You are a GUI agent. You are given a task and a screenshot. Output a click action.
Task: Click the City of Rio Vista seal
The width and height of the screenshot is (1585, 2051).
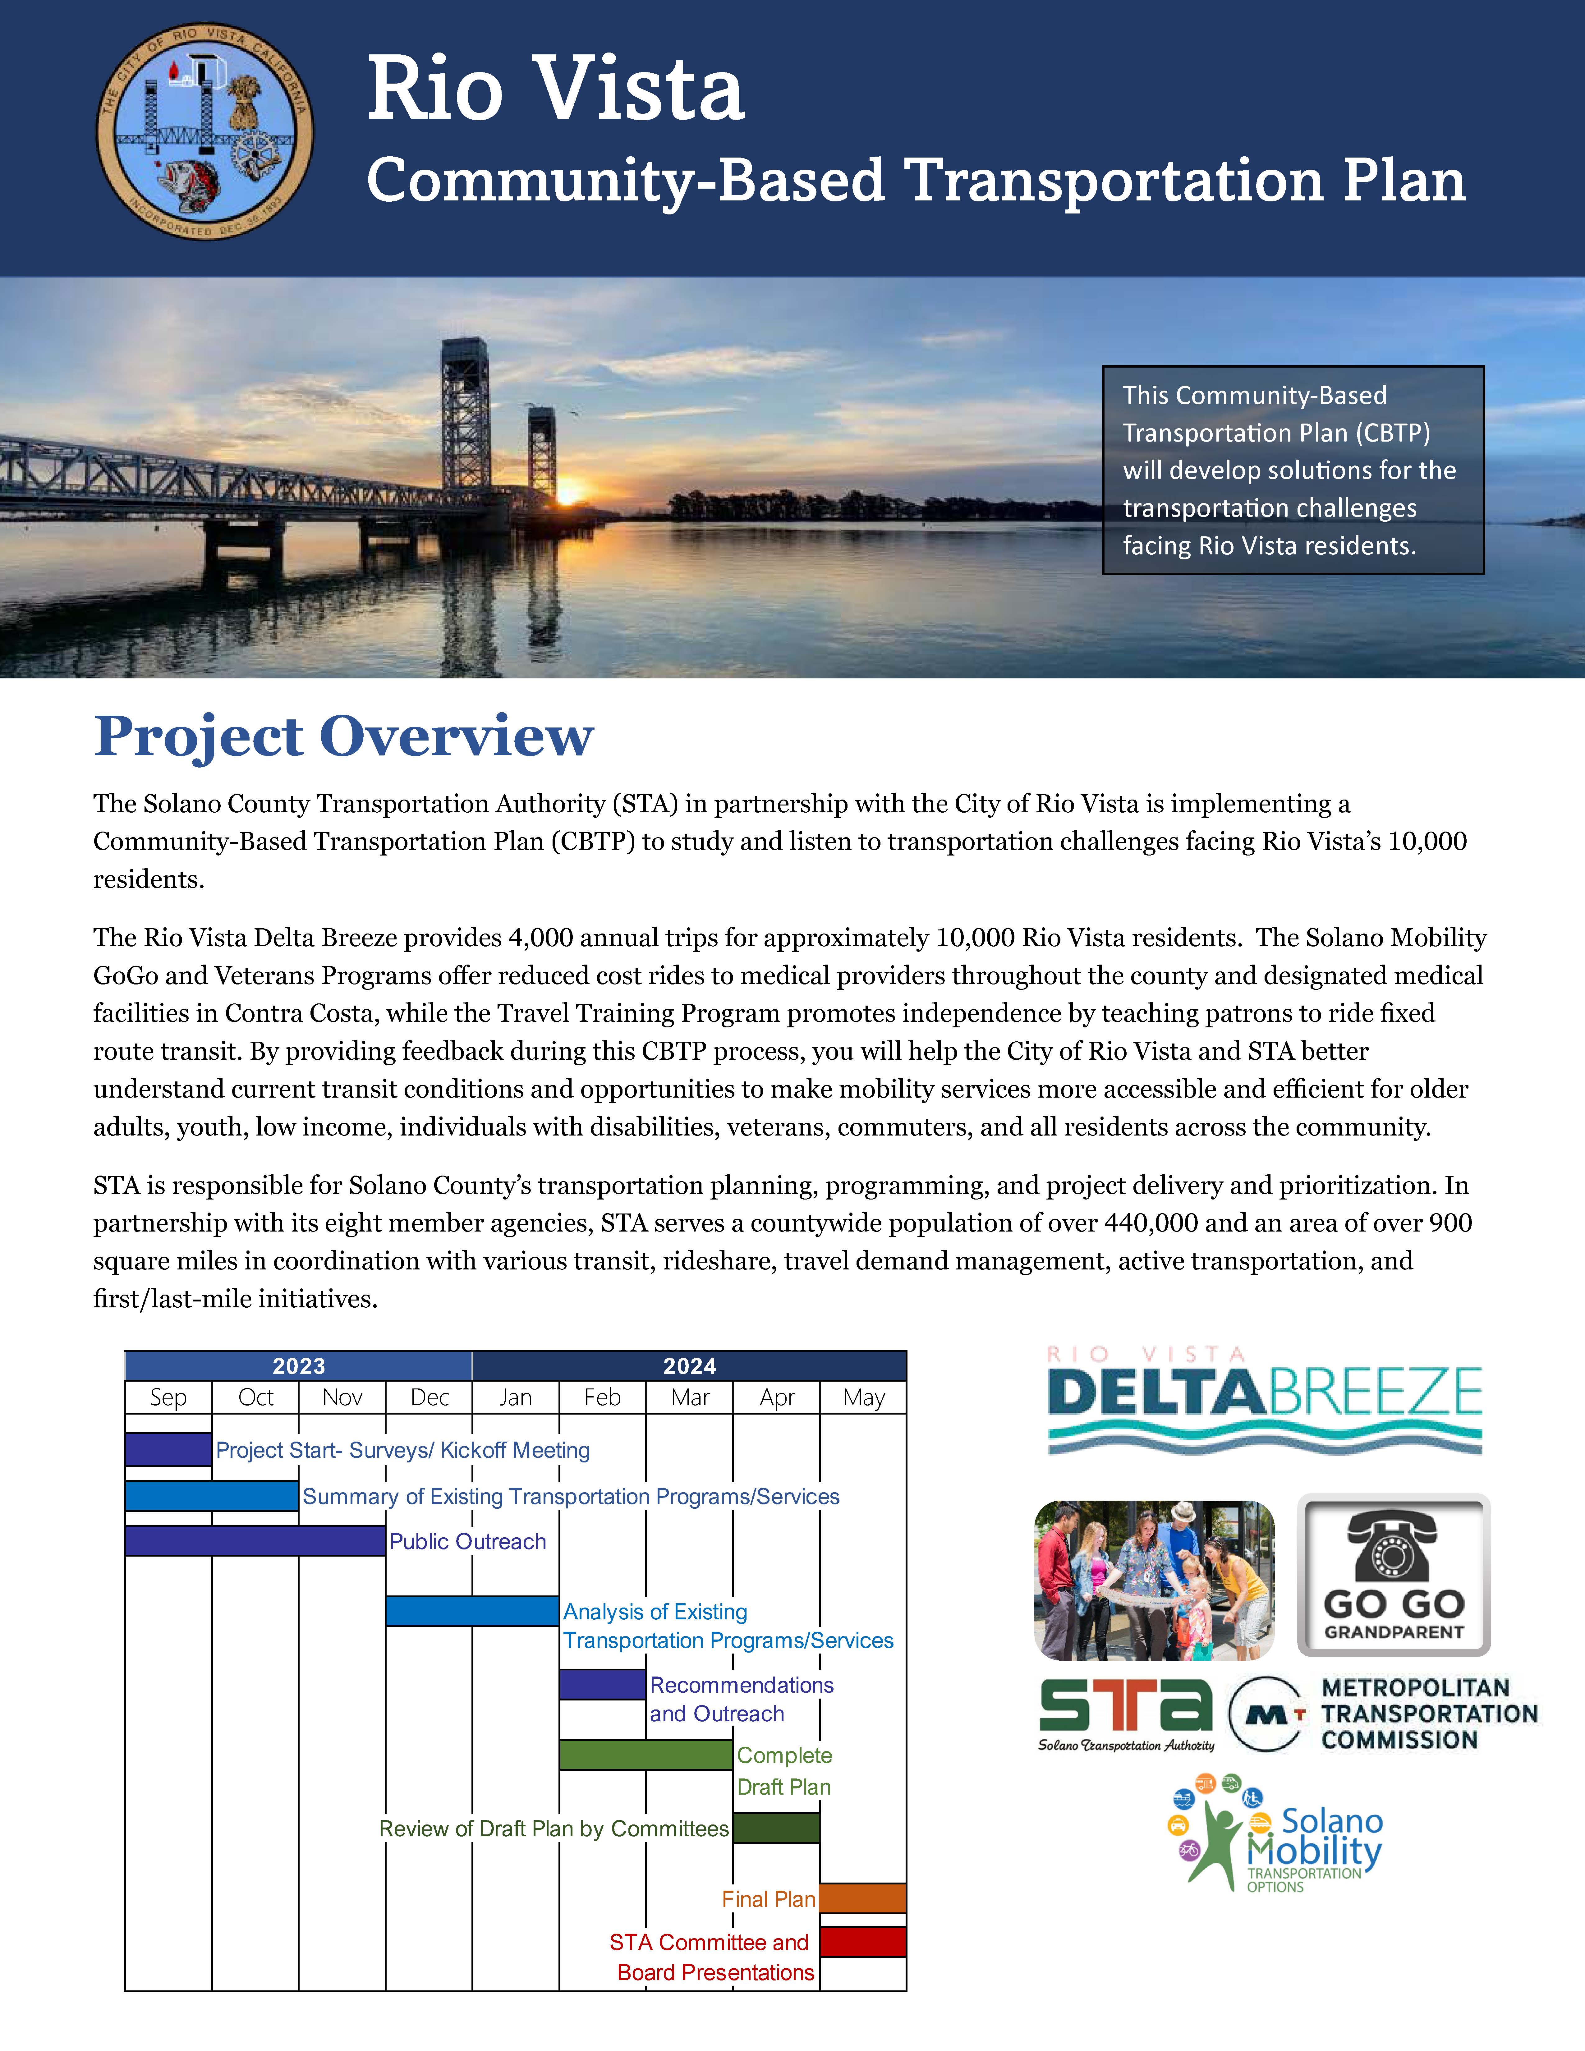(205, 131)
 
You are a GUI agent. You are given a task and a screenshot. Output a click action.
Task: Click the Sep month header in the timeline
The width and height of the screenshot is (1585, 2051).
(168, 1397)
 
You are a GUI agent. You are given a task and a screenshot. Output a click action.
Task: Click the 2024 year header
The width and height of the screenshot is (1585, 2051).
(689, 1365)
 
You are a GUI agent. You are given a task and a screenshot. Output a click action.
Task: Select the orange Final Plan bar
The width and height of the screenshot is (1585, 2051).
(862, 1898)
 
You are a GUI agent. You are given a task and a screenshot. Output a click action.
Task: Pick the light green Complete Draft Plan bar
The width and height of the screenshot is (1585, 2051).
(645, 1754)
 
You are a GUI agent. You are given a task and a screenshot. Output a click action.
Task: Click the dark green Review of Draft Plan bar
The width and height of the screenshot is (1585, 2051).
(776, 1828)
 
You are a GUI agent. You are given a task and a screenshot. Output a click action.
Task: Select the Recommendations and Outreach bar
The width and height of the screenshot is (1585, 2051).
(602, 1684)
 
